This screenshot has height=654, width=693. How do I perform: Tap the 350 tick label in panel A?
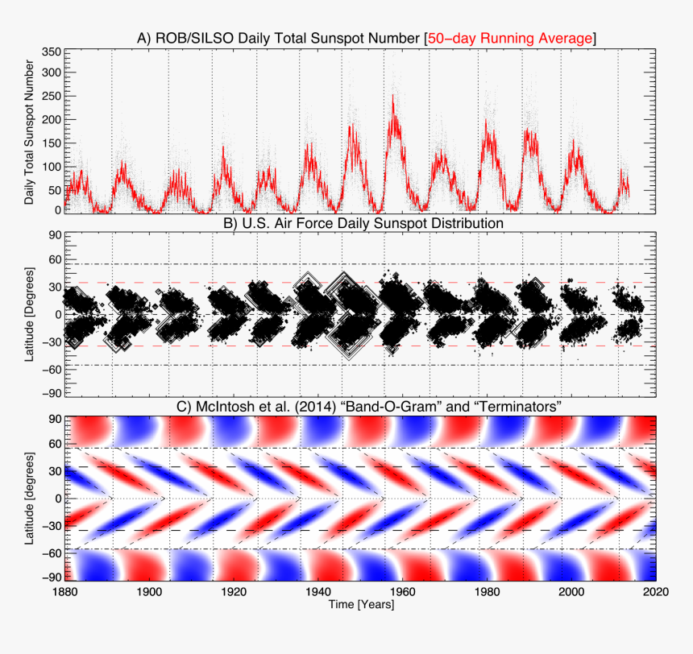point(52,52)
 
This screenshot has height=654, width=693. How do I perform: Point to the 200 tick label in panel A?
point(52,120)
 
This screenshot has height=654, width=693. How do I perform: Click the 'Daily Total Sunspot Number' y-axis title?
point(30,130)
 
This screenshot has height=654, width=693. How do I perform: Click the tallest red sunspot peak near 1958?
point(393,97)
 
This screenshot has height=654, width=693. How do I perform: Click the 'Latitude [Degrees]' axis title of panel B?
point(30,315)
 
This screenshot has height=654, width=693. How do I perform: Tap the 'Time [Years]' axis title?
point(361,605)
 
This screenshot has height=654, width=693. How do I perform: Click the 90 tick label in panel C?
point(55,420)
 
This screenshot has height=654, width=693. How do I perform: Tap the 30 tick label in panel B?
point(55,288)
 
